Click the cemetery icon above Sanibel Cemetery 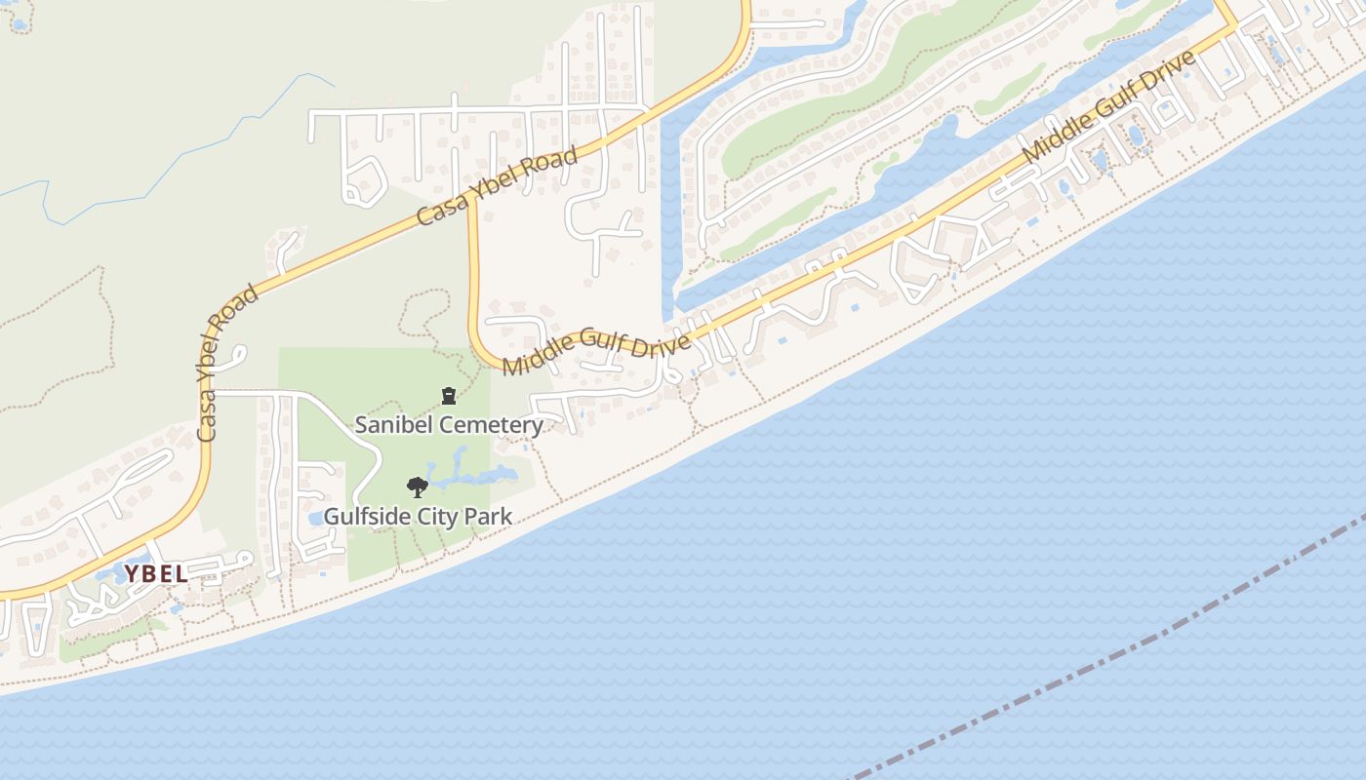448,396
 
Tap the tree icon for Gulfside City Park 418,487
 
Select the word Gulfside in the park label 363,517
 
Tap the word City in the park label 435,517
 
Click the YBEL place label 156,574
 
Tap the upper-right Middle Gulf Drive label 1109,107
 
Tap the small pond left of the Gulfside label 315,518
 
